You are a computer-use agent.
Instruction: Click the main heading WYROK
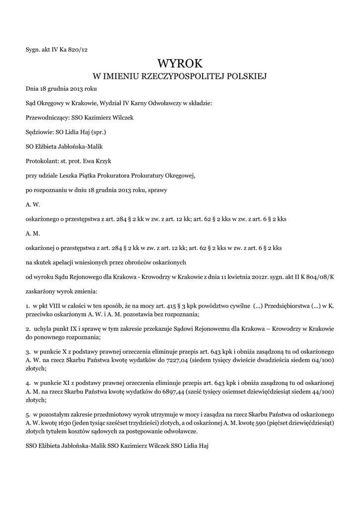click(x=180, y=63)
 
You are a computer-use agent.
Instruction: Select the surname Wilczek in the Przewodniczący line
click(x=122, y=118)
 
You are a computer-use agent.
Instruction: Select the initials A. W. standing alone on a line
click(x=33, y=204)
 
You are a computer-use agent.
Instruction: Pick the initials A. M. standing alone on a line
click(x=33, y=233)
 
